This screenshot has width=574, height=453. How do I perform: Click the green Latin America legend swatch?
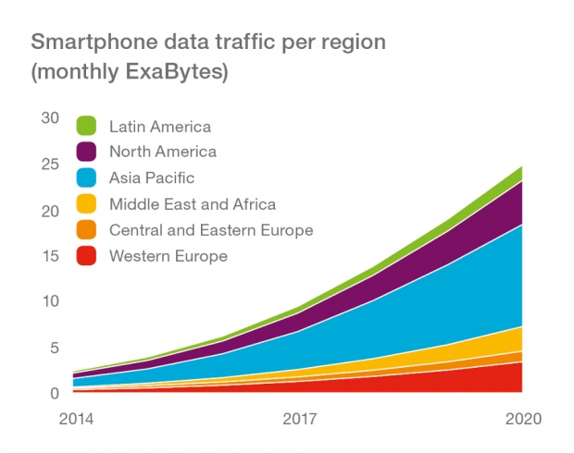tap(86, 126)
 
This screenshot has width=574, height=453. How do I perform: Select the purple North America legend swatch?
tap(86, 152)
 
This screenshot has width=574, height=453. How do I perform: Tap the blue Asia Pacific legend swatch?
tap(86, 178)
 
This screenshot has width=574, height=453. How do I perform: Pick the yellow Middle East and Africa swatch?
tap(86, 203)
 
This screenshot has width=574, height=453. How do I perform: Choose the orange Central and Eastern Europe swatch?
tap(86, 230)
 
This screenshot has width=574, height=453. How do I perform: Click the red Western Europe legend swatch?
tap(86, 256)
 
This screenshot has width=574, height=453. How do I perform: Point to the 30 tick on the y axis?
tap(50, 118)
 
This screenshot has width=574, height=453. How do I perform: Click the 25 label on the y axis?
tap(50, 165)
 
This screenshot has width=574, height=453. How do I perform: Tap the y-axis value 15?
tap(51, 256)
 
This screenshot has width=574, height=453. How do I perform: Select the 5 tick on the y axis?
tap(55, 348)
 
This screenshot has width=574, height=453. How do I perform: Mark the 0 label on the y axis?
tap(55, 394)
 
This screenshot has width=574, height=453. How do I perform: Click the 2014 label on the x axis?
tap(76, 419)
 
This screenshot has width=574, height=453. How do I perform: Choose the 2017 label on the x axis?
tap(300, 419)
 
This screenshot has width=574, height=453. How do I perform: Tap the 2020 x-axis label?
tap(523, 419)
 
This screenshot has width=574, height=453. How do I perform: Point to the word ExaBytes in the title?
tap(174, 71)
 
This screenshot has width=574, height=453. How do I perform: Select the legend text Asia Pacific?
tap(152, 178)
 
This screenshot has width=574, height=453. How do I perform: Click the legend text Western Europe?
tap(168, 256)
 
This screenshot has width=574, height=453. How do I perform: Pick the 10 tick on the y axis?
tap(51, 301)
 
